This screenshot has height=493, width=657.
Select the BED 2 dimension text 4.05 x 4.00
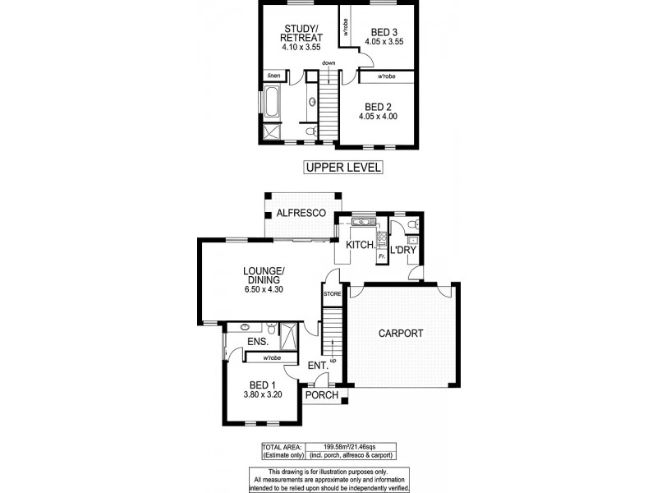tap(378, 117)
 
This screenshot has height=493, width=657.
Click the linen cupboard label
tap(273, 76)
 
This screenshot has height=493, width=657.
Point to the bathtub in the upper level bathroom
tap(270, 105)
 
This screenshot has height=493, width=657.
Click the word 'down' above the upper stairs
tap(328, 63)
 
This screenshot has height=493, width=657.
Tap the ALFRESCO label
tap(301, 213)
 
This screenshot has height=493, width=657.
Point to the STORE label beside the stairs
tap(332, 293)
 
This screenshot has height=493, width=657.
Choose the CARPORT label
tap(401, 334)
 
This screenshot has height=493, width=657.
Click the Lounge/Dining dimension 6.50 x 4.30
tap(263, 289)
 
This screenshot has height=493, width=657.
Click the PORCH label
tap(322, 395)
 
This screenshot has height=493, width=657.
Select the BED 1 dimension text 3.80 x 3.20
tap(263, 394)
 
